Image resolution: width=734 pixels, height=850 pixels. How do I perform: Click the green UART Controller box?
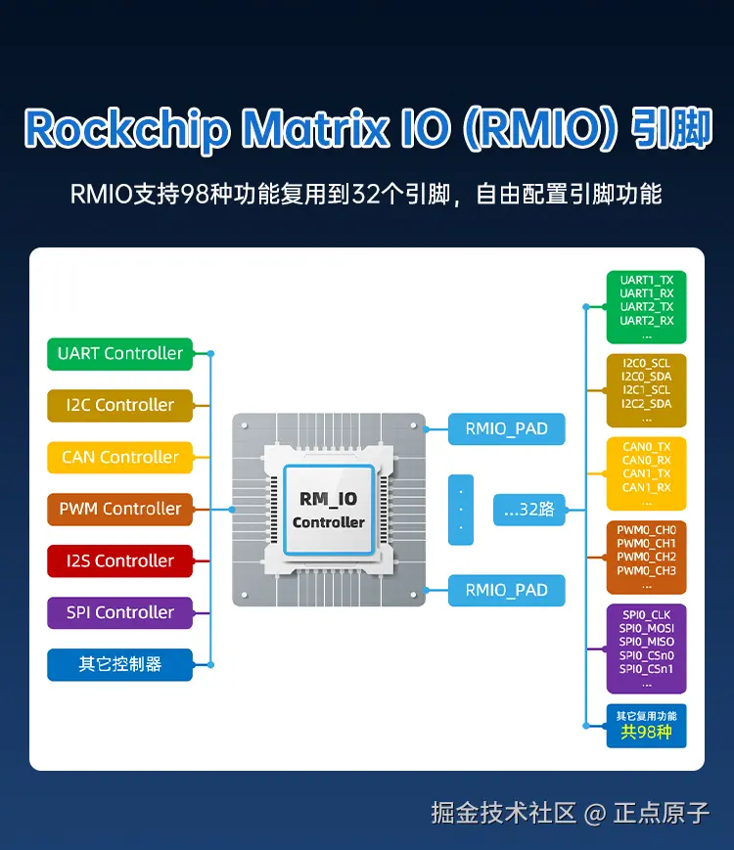[x=119, y=353]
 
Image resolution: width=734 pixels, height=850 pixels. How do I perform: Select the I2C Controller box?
[x=119, y=405]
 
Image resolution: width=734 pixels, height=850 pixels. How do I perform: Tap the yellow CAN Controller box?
[x=119, y=457]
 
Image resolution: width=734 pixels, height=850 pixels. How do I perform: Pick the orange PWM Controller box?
[x=119, y=509]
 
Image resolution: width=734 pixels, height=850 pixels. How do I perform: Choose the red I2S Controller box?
[x=119, y=560]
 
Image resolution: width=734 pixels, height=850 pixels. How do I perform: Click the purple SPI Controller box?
[x=119, y=612]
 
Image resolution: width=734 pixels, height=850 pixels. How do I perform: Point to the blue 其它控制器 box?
[x=119, y=664]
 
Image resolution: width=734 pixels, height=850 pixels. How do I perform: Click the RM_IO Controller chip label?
[x=328, y=510]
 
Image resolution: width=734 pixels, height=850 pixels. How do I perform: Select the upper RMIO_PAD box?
[x=506, y=428]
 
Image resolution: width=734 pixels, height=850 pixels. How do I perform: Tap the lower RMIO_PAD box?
[x=506, y=590]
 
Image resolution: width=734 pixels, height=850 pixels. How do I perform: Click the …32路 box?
[x=528, y=509]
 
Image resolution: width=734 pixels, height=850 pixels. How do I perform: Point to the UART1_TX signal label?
[x=646, y=280]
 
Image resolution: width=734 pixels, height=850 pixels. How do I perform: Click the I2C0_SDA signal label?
[x=646, y=377]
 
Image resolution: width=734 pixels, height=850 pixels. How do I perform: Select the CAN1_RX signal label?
[x=646, y=487]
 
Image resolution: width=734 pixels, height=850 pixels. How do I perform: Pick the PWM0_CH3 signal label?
[x=646, y=570]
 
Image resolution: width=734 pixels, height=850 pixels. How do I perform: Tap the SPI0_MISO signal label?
[x=646, y=642]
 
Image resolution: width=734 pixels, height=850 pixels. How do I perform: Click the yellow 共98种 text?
[x=646, y=732]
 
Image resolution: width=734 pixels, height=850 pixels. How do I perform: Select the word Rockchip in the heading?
[x=126, y=128]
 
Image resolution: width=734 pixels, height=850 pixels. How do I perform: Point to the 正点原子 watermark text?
[x=662, y=813]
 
